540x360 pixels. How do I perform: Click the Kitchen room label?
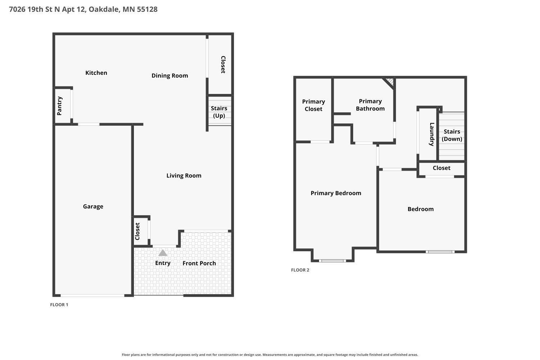point(96,73)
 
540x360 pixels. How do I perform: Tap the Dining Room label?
point(170,76)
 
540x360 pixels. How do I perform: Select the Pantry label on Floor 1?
point(59,106)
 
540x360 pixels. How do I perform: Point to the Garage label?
point(93,206)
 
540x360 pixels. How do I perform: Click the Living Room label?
point(184,176)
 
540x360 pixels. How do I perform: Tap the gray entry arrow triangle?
point(163,253)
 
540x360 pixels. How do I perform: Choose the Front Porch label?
point(199,263)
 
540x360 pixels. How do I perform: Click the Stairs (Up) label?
point(219,112)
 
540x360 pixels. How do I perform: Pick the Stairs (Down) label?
point(452,135)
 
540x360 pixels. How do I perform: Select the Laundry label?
point(432,134)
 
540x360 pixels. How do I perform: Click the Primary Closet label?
point(314,105)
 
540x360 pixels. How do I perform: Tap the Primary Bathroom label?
point(370,105)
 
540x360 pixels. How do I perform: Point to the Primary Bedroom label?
point(336,193)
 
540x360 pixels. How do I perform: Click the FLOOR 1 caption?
point(59,305)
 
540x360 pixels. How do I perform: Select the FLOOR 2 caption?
point(300,270)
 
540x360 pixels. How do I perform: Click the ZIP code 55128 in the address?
point(147,9)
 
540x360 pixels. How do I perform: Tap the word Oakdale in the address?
point(104,9)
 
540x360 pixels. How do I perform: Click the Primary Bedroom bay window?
point(332,261)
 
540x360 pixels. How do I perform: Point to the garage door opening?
point(92,295)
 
